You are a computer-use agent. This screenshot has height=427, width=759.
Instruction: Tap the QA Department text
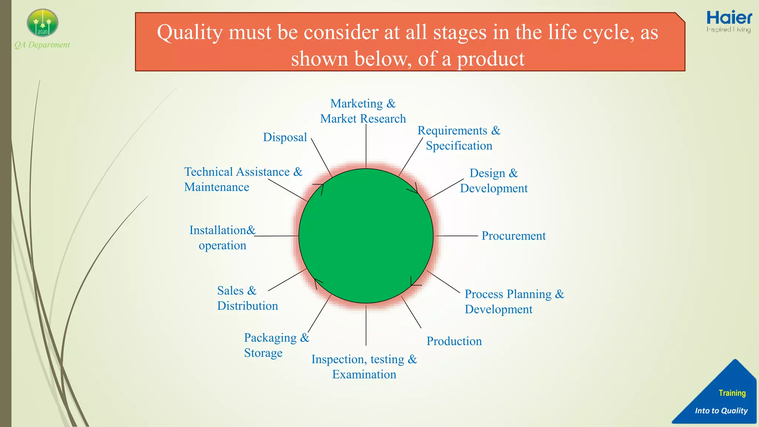pos(42,45)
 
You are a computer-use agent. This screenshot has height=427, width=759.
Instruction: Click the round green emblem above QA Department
pos(43,23)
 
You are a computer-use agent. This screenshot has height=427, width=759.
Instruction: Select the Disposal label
pos(285,138)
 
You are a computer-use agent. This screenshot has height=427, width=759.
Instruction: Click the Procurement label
pos(513,236)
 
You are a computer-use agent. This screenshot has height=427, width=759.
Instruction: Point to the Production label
pos(454,341)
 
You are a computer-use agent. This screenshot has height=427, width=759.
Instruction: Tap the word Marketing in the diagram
pos(356,103)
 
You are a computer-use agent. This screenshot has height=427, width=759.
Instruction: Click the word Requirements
pos(452,130)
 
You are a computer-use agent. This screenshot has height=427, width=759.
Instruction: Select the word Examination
pos(364,375)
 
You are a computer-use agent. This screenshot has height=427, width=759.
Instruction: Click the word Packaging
pos(270,338)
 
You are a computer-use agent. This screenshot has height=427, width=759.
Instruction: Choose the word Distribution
pos(247,306)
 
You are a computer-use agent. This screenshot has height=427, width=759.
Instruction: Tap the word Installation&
pos(222,230)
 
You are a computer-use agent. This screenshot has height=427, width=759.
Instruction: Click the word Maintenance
pos(216,187)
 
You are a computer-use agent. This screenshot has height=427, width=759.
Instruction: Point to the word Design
pos(487,173)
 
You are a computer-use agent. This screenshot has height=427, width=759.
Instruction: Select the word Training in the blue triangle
pos(732,393)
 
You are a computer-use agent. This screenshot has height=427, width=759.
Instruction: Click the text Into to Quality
pos(721,411)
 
